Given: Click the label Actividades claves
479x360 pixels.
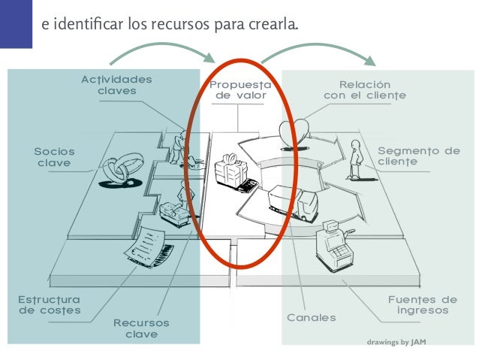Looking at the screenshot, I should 116,86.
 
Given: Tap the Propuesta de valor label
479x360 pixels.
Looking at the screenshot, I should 238,91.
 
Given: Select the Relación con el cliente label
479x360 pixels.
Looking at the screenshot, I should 365,90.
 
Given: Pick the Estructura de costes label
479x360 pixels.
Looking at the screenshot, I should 49,304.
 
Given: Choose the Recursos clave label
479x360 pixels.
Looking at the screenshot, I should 141,328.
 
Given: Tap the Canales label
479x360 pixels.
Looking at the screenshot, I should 312,318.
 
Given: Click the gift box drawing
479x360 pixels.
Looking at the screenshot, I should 227,170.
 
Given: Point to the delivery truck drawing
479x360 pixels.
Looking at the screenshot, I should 293,201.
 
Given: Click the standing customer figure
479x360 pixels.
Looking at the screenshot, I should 354,159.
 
